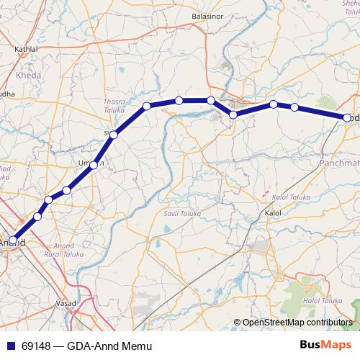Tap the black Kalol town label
273,214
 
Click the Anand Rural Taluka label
62,250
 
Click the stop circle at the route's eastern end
347,117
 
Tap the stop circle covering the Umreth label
94,166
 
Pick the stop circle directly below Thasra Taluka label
114,135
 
